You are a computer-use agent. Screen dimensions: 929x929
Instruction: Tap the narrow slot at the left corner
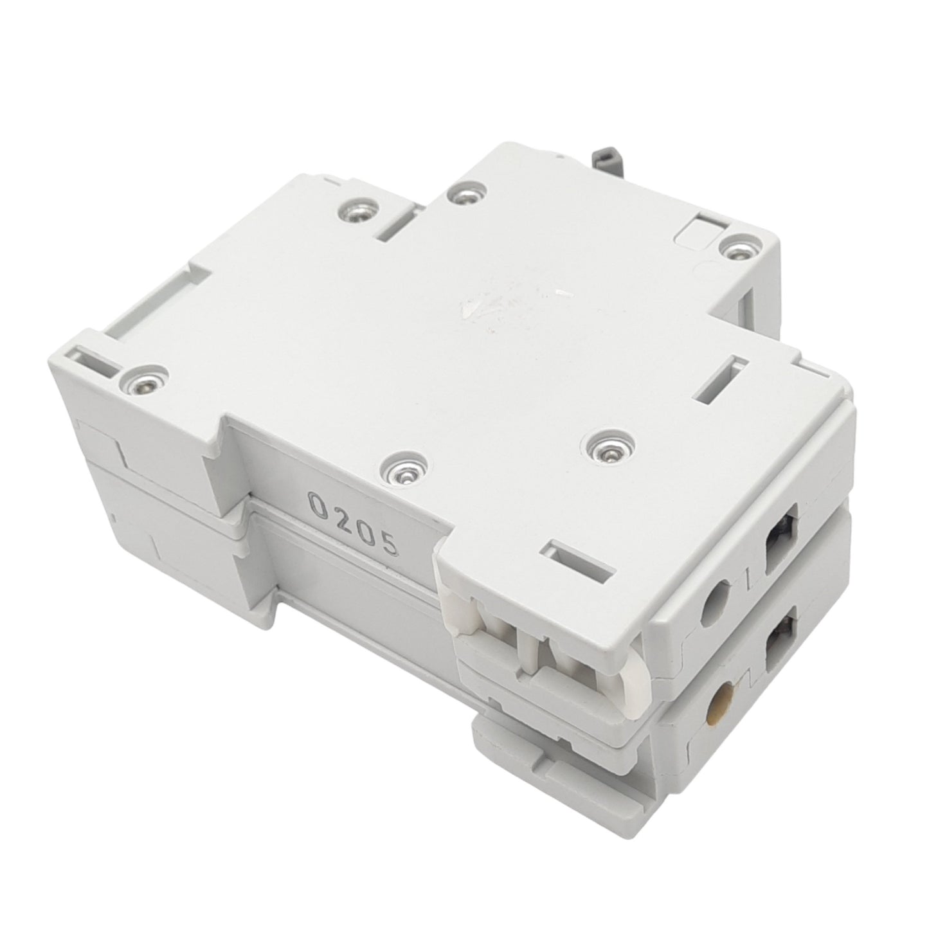pos(96,360)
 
